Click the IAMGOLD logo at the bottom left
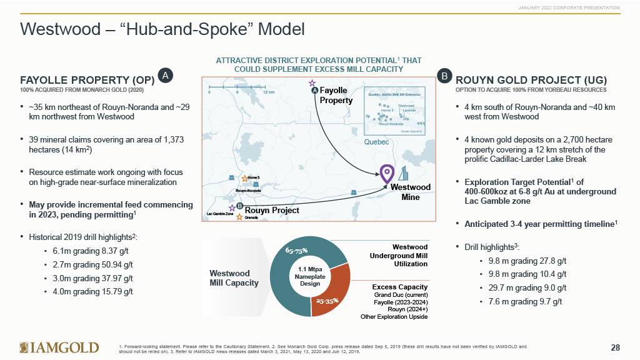(59, 347)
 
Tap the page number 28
(615, 347)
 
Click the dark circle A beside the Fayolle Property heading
(165, 76)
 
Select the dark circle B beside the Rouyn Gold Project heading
(445, 76)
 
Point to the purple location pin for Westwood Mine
(387, 172)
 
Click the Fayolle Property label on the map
(336, 96)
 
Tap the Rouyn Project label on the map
(271, 211)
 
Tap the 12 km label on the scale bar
(269, 92)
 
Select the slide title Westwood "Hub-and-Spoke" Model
(162, 29)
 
